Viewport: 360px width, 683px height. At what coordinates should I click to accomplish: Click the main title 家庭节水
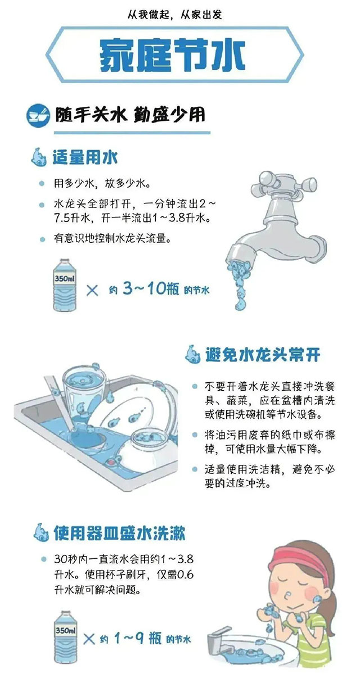tap(173, 55)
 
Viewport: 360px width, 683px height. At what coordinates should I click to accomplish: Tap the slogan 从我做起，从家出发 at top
tap(175, 13)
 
